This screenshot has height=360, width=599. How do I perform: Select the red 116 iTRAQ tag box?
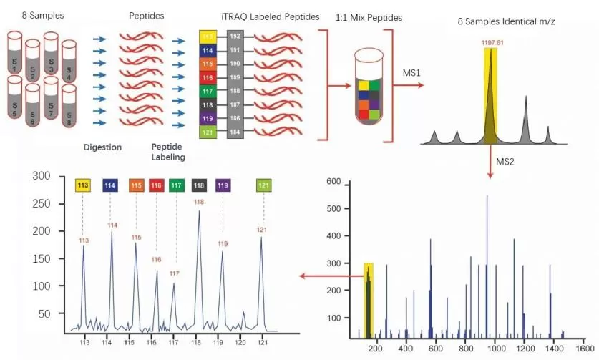coord(208,77)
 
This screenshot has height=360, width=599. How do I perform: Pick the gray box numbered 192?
coord(234,36)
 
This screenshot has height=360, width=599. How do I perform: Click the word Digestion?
coord(102,147)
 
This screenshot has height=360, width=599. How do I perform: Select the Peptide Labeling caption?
coord(169,152)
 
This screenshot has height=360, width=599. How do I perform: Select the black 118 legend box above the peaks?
coord(199,185)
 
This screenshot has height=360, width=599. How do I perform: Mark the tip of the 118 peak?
coord(198,212)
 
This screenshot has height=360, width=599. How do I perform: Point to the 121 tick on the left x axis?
coord(262,341)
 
